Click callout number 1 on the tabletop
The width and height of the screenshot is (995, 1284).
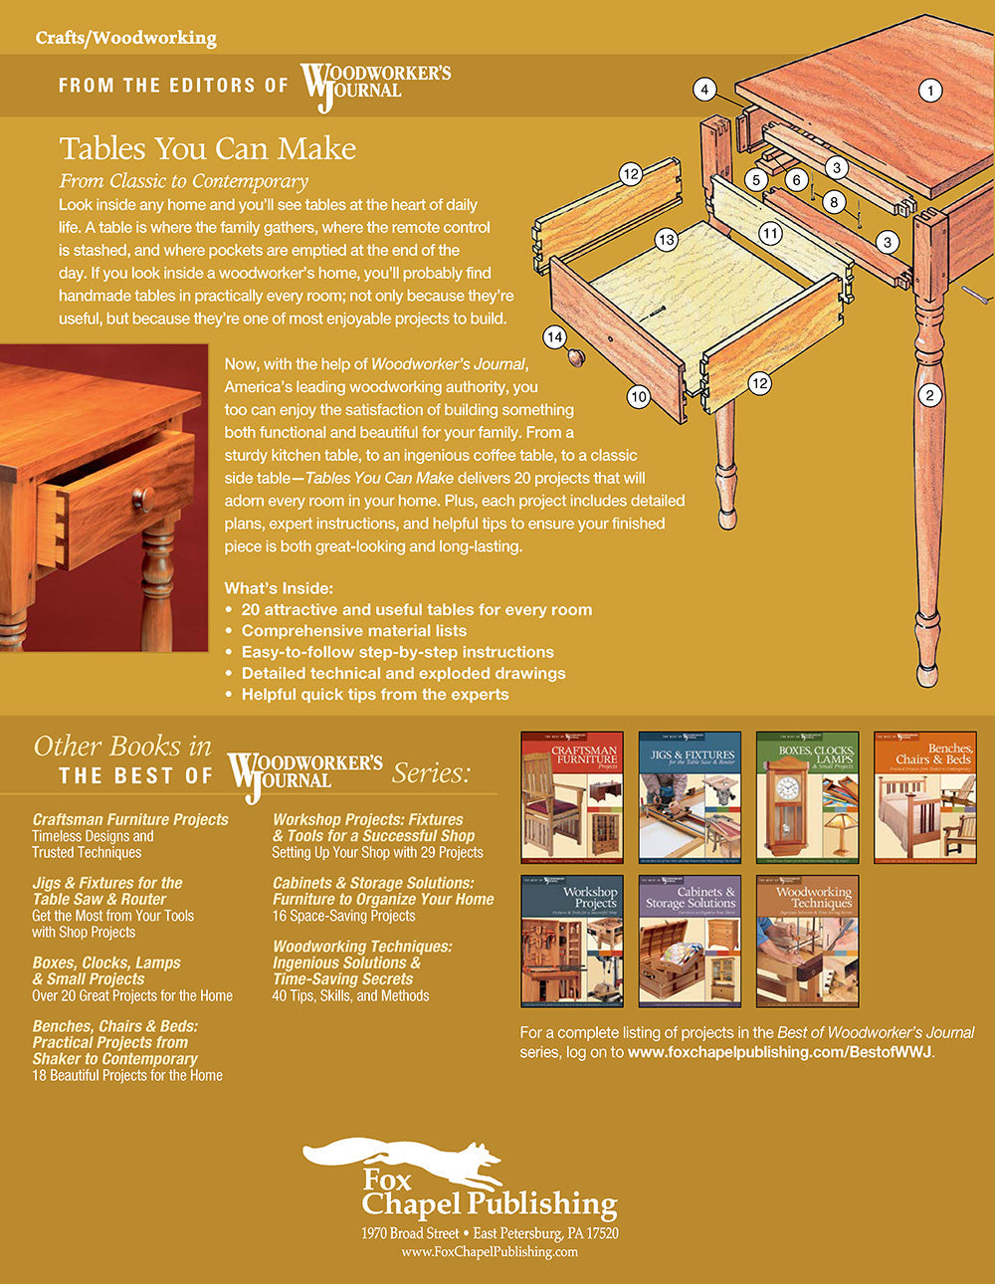click(x=930, y=91)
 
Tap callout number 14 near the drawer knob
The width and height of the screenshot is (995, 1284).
click(x=555, y=336)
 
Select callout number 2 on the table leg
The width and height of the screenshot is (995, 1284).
click(x=930, y=395)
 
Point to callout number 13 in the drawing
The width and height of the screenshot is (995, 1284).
click(x=666, y=239)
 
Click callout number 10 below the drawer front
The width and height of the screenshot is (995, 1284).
click(x=638, y=396)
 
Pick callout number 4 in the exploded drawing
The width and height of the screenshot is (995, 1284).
click(x=704, y=91)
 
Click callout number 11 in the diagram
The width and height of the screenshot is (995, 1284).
click(x=770, y=234)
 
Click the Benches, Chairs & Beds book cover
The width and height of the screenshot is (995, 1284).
click(x=924, y=797)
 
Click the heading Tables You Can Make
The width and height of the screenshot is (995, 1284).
click(x=207, y=148)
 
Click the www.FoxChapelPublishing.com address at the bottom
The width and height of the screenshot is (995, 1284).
click(x=490, y=1251)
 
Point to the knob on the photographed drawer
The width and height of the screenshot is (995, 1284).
click(x=142, y=498)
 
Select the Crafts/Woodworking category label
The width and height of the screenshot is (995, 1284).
click(x=125, y=38)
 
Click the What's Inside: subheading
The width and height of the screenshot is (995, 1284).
click(x=279, y=587)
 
